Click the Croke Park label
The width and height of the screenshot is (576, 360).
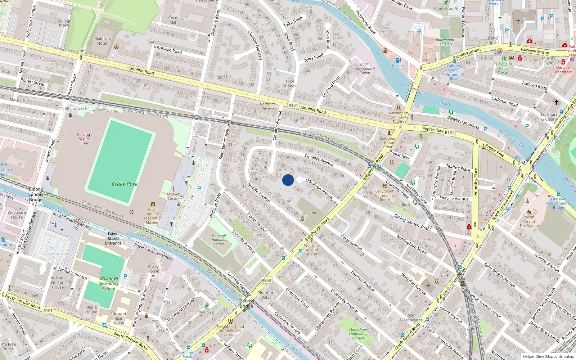point(125,184)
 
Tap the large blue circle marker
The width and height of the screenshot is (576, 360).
point(288,180)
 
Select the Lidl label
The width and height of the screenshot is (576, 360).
point(313,213)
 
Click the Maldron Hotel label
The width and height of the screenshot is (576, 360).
point(102,41)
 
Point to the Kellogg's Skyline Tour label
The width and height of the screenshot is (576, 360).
point(85,139)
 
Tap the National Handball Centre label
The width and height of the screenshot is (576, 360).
point(219,240)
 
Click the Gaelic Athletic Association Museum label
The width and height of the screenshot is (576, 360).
point(153,216)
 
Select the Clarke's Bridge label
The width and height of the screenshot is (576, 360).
point(246,303)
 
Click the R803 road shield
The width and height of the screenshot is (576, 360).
point(266,280)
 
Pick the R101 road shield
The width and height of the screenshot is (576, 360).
point(48,310)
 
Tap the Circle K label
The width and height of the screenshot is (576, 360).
point(398,66)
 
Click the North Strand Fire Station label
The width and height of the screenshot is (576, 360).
point(529,221)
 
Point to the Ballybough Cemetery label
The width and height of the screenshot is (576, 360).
point(445,42)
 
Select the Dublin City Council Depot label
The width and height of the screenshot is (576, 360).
point(365,68)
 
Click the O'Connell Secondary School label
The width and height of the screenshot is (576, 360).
point(109,283)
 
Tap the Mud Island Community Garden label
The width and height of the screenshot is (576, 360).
point(358,334)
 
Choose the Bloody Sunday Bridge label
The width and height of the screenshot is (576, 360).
point(36,194)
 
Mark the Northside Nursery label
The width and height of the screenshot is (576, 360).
point(267,106)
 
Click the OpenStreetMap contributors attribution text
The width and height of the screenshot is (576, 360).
point(548,357)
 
